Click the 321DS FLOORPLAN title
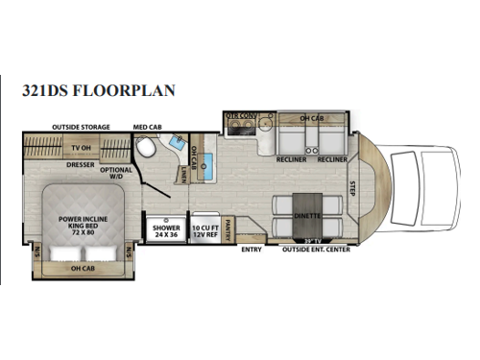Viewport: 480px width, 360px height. point(99,91)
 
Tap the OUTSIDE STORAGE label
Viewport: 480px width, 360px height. point(81,127)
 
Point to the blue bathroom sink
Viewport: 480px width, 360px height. point(178,143)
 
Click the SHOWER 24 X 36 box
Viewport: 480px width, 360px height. point(163,230)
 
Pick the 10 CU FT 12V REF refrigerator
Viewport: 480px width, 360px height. point(204,230)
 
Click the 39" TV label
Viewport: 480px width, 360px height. point(310,239)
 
